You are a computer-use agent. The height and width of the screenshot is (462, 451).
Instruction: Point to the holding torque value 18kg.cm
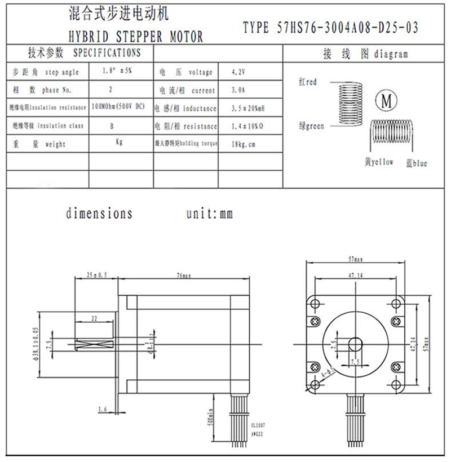pos(244,144)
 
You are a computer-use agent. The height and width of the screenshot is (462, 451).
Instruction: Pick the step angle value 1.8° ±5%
pos(118,72)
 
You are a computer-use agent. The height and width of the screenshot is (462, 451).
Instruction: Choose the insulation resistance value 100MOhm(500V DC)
pos(119,107)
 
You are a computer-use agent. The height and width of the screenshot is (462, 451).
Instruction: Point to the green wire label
pos(311,126)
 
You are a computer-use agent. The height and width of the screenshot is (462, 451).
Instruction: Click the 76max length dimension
pos(184,276)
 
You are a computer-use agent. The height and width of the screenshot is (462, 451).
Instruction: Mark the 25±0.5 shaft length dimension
pos(96,276)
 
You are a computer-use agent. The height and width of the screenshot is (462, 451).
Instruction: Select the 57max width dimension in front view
pos(355,260)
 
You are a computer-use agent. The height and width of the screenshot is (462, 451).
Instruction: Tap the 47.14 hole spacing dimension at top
pos(355,275)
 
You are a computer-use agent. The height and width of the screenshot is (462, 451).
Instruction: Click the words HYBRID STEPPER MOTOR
pos(135,38)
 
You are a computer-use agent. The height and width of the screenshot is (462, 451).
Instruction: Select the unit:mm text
pos(209,214)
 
